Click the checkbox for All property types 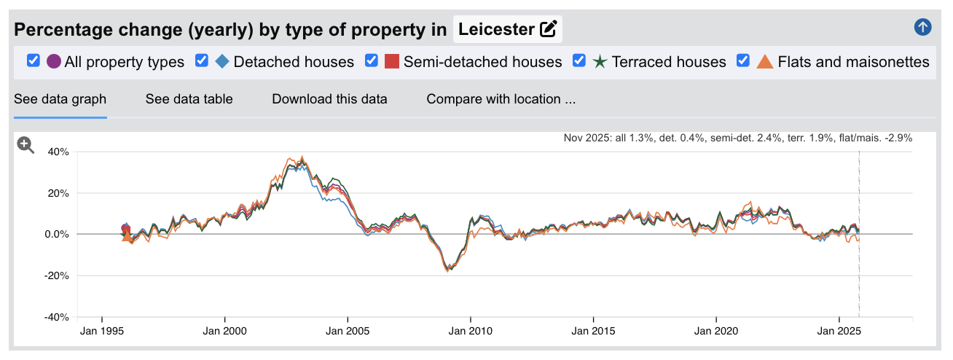(x=33, y=61)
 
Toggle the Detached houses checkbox (x=202, y=61)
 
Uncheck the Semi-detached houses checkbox (x=372, y=61)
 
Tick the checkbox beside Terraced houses (x=580, y=61)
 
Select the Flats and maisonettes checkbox (x=744, y=61)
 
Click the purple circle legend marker (x=53, y=62)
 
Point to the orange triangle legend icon (x=765, y=62)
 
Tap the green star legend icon (x=600, y=62)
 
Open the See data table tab (x=189, y=99)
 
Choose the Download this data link (x=329, y=99)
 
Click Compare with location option (x=501, y=99)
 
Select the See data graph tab (x=60, y=99)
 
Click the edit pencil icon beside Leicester (x=548, y=30)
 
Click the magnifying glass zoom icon (x=26, y=145)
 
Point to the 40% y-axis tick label (x=58, y=152)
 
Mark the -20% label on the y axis (x=56, y=276)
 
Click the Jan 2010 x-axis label (x=471, y=331)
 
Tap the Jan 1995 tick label (x=101, y=331)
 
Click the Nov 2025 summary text (x=737, y=138)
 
